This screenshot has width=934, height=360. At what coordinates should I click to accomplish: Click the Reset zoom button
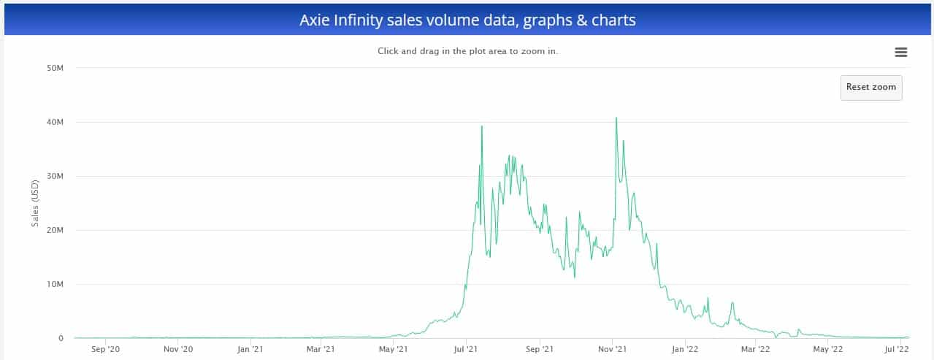coord(870,87)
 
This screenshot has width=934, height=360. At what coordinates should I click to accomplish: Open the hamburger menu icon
coord(900,52)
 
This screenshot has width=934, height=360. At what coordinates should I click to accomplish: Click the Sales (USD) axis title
coord(34,203)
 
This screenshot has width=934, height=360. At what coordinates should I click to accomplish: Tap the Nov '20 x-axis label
coord(177,350)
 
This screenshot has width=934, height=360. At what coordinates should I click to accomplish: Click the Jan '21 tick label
coord(250,350)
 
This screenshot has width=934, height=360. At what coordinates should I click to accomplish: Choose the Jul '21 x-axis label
coord(466,350)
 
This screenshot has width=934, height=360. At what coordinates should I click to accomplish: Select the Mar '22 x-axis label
coord(754,350)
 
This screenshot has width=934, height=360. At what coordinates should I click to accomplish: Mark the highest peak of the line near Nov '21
coord(616,118)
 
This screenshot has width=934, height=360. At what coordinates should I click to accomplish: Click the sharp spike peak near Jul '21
coord(482,126)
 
